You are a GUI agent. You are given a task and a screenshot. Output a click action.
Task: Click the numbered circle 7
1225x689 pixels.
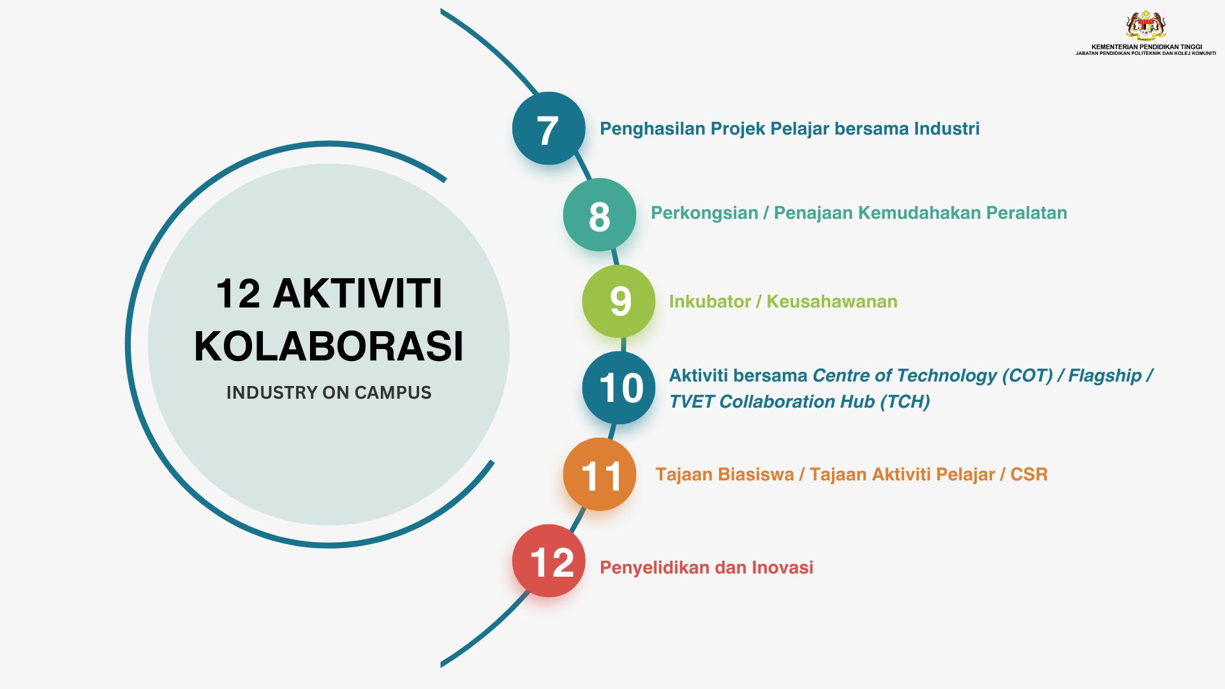(548, 128)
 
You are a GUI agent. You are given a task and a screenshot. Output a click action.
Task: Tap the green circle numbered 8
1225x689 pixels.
(599, 215)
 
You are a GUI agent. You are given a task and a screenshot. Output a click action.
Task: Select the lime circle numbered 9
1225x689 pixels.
(618, 301)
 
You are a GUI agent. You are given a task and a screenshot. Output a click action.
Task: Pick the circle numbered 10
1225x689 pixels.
(618, 388)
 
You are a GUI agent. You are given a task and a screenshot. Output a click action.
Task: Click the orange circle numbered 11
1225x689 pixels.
(599, 474)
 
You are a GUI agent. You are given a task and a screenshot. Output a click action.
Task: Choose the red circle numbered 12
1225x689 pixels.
(548, 561)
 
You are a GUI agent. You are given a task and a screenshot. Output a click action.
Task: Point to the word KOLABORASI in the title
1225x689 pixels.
(329, 346)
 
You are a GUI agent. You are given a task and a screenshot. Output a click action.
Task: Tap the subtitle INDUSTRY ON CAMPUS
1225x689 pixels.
(329, 392)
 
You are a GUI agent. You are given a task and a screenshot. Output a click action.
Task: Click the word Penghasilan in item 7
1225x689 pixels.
(652, 129)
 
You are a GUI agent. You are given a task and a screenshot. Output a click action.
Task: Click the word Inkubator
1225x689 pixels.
(709, 302)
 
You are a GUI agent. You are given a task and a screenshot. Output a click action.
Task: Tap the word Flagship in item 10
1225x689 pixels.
(1104, 376)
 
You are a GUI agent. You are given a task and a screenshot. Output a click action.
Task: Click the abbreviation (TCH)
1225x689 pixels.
(905, 402)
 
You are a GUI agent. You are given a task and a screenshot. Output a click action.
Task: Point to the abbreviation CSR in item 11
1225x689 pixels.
(1028, 475)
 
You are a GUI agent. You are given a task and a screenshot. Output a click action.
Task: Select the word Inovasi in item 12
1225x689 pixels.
(782, 568)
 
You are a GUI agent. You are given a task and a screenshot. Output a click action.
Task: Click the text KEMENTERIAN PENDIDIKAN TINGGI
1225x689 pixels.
(1147, 47)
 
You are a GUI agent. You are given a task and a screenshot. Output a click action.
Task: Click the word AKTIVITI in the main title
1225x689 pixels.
(357, 293)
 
